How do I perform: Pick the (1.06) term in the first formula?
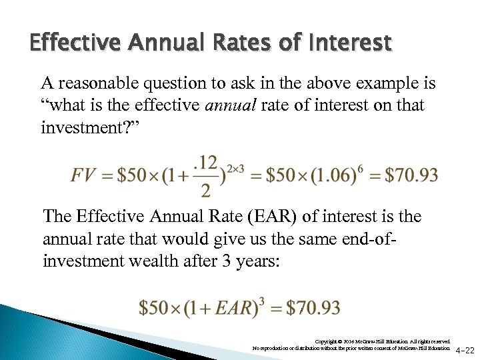pos(325,175)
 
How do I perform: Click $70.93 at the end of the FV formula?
pos(411,175)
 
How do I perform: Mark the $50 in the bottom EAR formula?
pos(155,308)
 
